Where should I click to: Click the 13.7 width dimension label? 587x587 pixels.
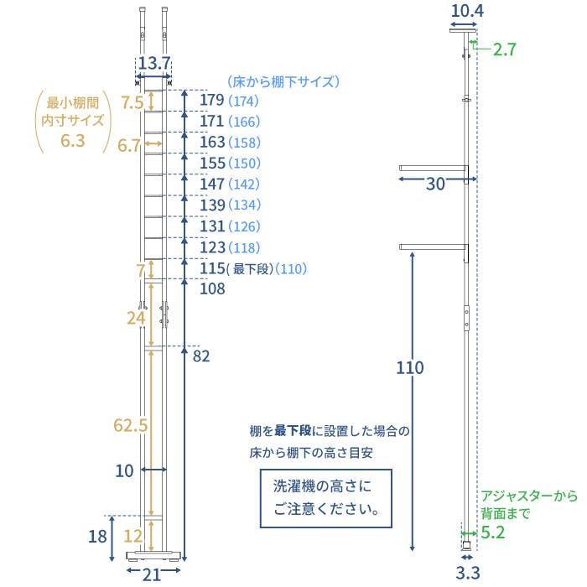[x=154, y=63]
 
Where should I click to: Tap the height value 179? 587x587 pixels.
[x=212, y=101]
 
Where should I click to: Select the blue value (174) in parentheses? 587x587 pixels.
[x=243, y=101]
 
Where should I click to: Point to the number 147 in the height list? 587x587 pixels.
[x=212, y=184]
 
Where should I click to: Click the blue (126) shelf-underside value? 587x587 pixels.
[x=244, y=226]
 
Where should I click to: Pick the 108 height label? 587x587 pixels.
[x=212, y=288]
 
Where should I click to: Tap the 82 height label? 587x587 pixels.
[x=201, y=356]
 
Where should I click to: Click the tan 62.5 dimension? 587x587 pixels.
[x=131, y=425]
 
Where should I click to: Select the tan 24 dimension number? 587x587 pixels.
[x=136, y=318]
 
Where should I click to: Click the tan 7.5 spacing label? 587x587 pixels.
[x=132, y=102]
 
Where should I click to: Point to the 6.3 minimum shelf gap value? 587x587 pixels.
[x=73, y=141]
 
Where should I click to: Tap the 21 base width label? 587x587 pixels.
[x=152, y=574]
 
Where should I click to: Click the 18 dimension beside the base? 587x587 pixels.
[x=97, y=537]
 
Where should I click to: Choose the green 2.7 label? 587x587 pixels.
[x=505, y=49]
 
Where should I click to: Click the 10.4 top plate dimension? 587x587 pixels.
[x=467, y=11]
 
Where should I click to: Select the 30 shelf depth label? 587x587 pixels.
[x=435, y=184]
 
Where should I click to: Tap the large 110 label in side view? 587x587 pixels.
[x=410, y=367]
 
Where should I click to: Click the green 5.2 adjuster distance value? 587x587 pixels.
[x=493, y=532]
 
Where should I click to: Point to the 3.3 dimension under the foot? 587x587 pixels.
[x=468, y=573]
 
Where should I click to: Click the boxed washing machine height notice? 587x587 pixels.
[x=325, y=498]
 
